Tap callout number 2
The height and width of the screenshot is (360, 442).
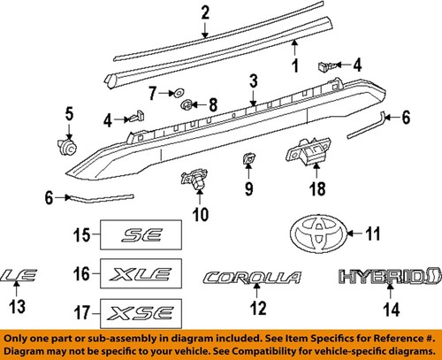205,13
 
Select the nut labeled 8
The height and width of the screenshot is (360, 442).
188,105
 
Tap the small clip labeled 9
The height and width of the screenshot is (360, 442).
248,160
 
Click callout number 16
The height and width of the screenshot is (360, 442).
81,274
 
